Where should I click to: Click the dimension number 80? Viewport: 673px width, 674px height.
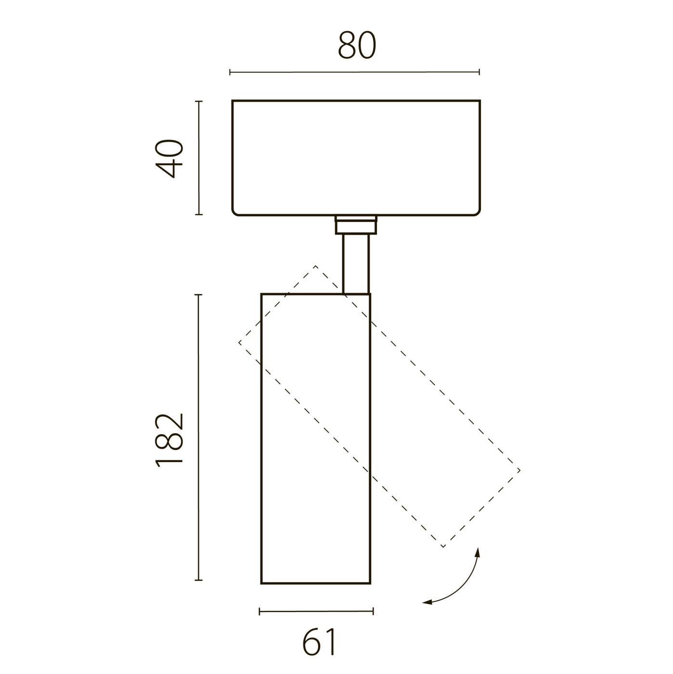(x=356, y=45)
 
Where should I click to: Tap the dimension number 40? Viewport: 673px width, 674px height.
(x=169, y=159)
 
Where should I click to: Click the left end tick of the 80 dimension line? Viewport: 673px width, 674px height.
(x=230, y=72)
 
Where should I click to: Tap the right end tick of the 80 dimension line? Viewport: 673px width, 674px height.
(x=479, y=72)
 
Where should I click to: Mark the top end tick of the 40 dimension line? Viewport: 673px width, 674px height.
(x=199, y=101)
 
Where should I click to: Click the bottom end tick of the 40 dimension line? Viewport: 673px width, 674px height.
(x=199, y=214)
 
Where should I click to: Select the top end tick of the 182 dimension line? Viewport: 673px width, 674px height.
(x=199, y=295)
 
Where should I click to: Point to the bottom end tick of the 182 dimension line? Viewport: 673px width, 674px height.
(x=199, y=580)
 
